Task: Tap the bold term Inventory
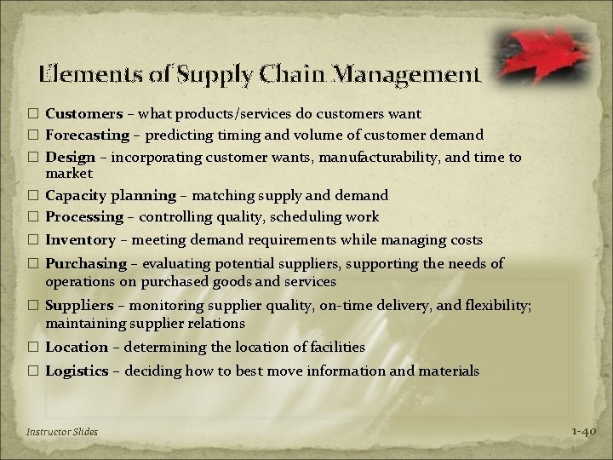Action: click(78, 241)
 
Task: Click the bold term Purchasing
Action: click(85, 264)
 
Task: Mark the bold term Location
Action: click(77, 347)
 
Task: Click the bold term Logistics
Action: click(77, 371)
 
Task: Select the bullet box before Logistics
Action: click(34, 371)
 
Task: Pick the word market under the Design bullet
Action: click(69, 173)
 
